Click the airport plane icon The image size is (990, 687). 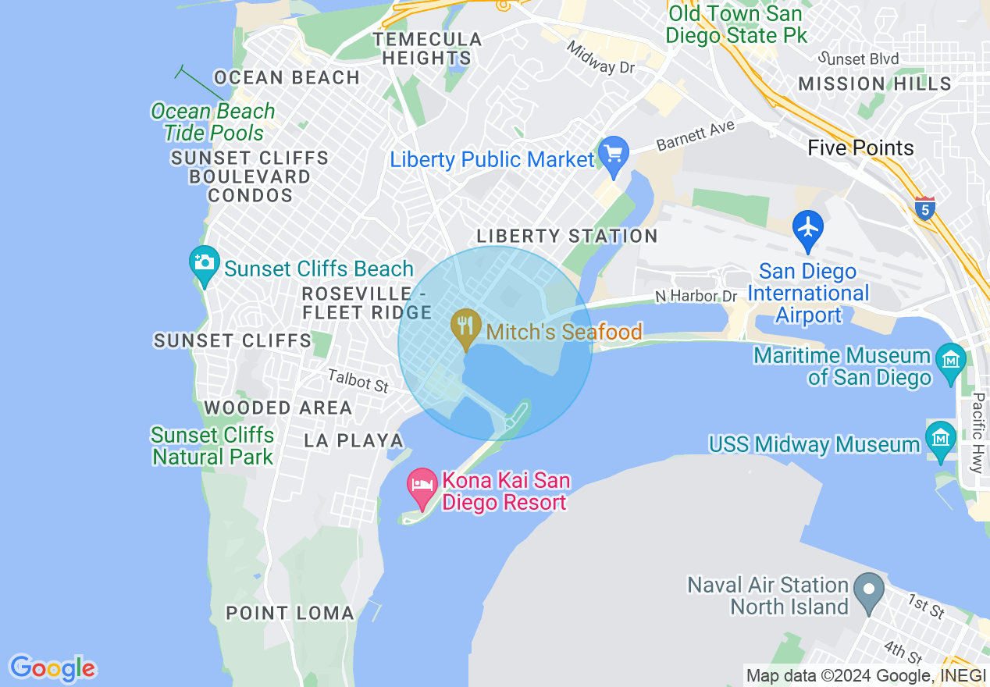(x=808, y=228)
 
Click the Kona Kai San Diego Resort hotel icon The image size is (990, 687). (x=422, y=486)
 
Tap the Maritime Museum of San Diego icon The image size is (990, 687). (x=950, y=361)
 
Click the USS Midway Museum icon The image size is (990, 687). (x=940, y=437)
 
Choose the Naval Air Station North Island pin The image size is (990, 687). (x=867, y=591)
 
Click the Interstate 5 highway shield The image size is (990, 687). (x=924, y=208)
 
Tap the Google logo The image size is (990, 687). (x=52, y=668)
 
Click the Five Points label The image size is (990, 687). (x=860, y=148)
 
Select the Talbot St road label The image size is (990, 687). (x=358, y=381)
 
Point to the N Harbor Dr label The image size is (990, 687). (x=696, y=296)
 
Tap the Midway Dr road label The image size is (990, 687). (x=601, y=57)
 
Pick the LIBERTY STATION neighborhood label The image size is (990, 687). (x=567, y=236)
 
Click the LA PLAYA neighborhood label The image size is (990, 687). (x=354, y=440)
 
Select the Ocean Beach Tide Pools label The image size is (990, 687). (x=213, y=122)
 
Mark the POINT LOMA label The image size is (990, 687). (x=290, y=613)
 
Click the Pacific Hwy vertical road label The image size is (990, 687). (x=977, y=433)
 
